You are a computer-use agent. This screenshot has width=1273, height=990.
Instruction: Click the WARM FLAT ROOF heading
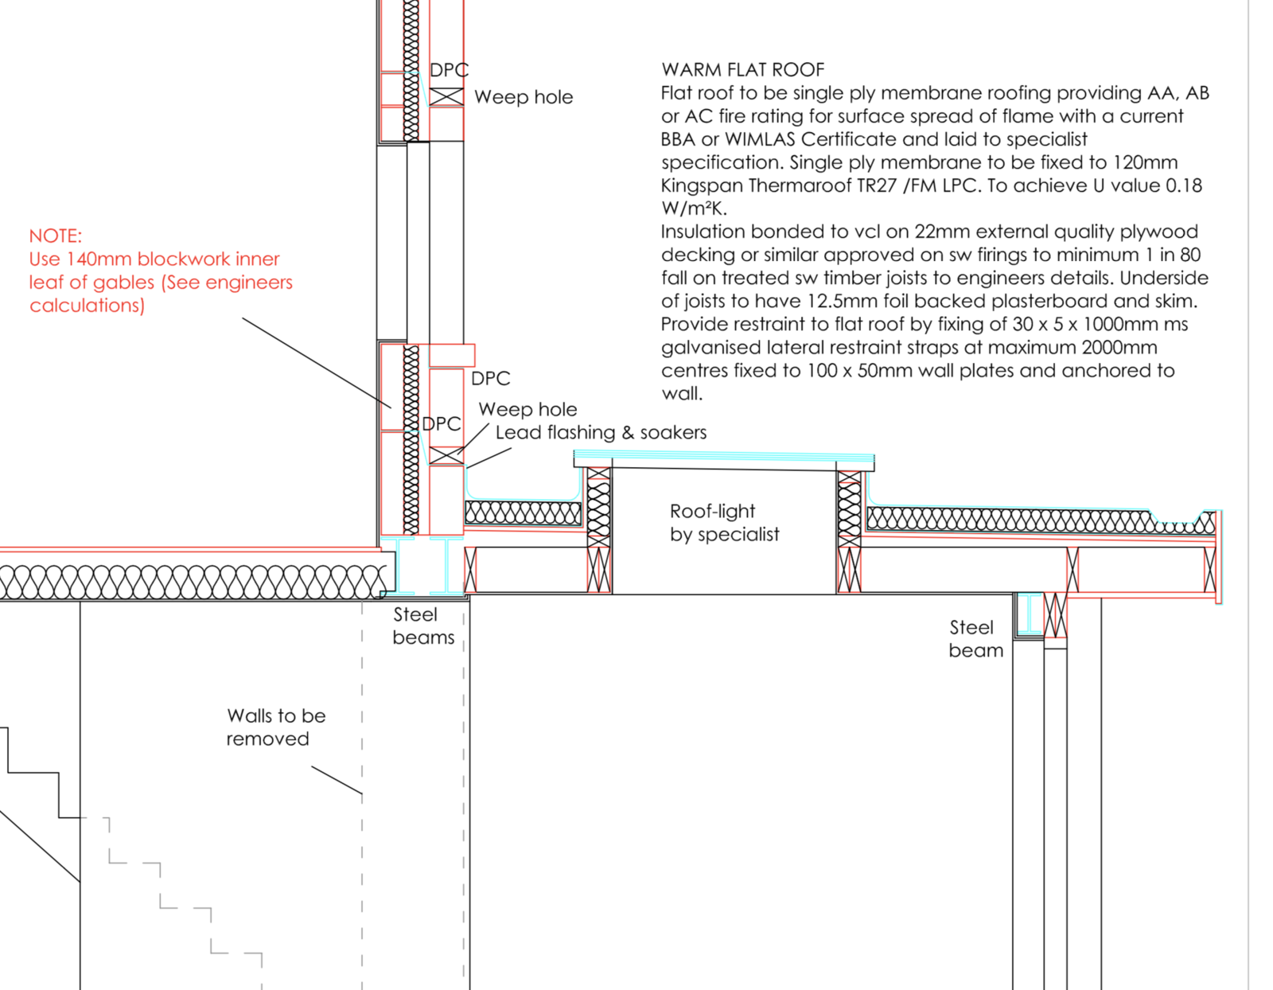(743, 70)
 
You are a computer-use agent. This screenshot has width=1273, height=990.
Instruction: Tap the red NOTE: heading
(56, 236)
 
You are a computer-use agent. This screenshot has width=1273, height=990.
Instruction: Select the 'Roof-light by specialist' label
(725, 523)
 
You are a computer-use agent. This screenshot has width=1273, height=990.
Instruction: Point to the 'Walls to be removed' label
(276, 727)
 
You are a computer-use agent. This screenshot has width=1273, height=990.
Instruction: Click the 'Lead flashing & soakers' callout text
(601, 432)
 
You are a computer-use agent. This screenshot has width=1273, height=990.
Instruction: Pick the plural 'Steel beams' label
(423, 626)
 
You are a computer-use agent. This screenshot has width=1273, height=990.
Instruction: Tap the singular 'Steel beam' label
(976, 638)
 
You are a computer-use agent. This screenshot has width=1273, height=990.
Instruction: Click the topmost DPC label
(450, 70)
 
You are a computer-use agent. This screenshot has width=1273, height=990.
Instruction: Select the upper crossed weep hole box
(446, 96)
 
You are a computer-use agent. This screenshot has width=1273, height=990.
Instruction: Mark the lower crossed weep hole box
(446, 455)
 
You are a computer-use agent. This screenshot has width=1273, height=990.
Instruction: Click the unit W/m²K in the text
(694, 209)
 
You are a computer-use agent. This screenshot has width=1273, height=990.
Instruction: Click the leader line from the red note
(317, 363)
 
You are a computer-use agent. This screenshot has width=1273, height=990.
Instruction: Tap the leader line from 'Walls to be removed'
(337, 780)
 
